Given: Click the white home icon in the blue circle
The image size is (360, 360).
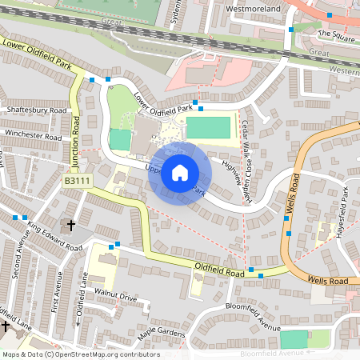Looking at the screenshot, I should (180, 173).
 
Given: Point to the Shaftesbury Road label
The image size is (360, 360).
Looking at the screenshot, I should (36, 110).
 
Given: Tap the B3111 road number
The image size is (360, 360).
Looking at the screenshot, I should (78, 182).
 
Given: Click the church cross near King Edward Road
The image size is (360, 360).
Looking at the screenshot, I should (70, 226).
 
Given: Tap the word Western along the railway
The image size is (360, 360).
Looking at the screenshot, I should (343, 71).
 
